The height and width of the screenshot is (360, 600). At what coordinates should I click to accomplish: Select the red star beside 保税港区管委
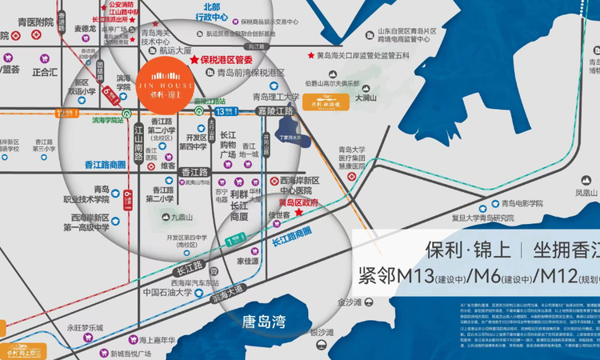pyautogui.click(x=193, y=60)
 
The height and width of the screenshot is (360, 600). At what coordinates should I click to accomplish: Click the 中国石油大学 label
pyautogui.click(x=165, y=292)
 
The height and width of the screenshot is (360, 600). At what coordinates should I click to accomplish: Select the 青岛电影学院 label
pyautogui.click(x=528, y=203)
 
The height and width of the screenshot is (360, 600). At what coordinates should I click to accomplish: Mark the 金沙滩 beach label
pyautogui.click(x=350, y=302)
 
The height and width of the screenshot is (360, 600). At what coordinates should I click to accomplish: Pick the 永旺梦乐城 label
pyautogui.click(x=86, y=327)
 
